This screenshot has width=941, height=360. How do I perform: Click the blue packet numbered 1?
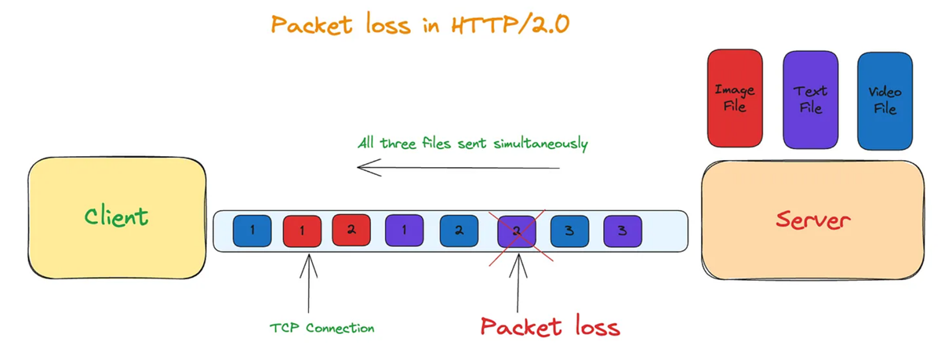click(252, 230)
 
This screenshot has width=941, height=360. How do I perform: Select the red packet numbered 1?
click(302, 230)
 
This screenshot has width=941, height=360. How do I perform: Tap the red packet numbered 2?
click(351, 230)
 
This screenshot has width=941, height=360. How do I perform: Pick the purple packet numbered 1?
click(404, 230)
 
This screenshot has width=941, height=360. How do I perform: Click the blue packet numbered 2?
click(459, 230)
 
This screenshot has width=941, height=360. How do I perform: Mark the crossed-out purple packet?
click(517, 230)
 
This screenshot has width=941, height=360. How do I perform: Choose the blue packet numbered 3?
click(569, 230)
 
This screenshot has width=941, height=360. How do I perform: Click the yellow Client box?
click(117, 217)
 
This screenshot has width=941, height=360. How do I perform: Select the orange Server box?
click(812, 220)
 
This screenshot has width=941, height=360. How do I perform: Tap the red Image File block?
click(735, 99)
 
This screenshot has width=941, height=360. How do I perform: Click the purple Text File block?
click(811, 99)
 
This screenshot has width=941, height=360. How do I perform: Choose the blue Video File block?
click(885, 100)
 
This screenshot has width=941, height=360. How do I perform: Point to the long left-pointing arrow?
click(459, 167)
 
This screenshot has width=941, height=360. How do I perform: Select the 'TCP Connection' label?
click(322, 328)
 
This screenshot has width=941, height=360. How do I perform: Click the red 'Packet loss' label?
click(550, 326)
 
